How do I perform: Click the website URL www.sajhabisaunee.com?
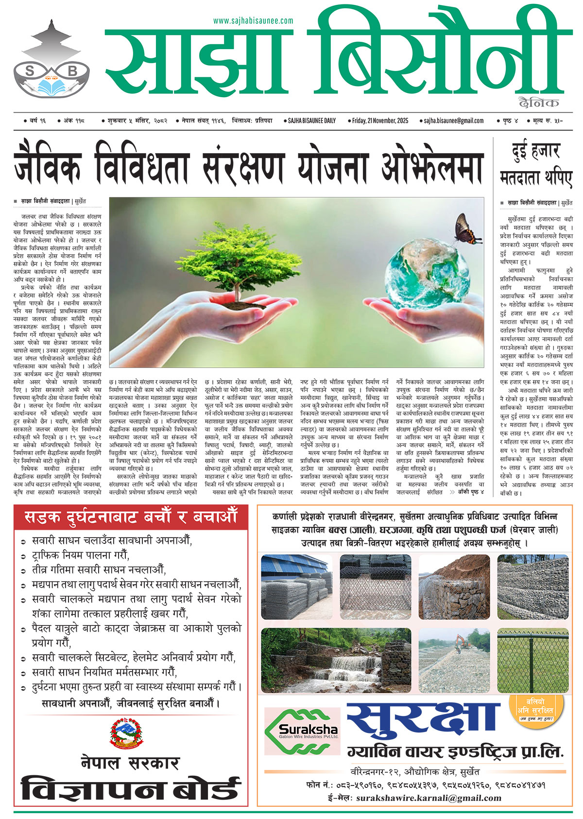(253, 21)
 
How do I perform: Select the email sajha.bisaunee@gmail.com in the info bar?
(453, 121)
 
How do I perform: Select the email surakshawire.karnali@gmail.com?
(429, 798)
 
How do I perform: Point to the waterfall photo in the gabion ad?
(336, 660)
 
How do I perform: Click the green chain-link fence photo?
(532, 660)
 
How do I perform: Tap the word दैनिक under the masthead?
(538, 103)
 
